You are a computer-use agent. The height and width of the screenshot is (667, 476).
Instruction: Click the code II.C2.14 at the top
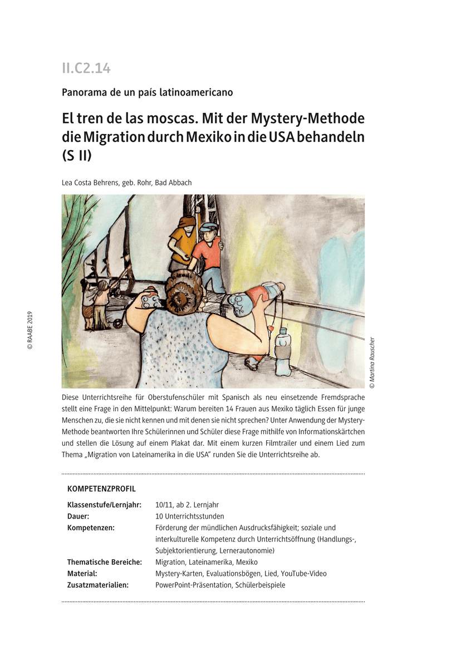[x=86, y=68]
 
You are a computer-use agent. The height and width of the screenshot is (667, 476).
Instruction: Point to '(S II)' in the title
[x=77, y=155]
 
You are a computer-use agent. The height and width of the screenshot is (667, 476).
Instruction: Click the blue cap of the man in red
[x=207, y=226]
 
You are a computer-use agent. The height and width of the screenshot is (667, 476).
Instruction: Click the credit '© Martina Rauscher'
[x=372, y=362]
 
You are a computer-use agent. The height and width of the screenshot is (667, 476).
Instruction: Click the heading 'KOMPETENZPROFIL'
[x=101, y=489]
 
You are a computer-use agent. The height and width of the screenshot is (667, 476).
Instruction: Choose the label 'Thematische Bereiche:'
[x=105, y=562]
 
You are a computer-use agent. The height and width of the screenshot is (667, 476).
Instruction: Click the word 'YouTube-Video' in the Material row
[x=304, y=574]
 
